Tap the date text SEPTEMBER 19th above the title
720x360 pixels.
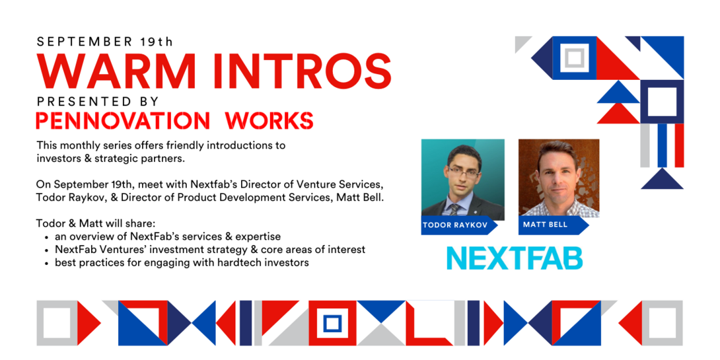point(105,42)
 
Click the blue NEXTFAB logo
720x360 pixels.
point(515,258)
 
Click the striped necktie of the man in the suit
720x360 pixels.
point(454,210)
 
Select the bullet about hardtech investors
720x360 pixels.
point(182,263)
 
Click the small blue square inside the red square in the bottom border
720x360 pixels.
point(332,323)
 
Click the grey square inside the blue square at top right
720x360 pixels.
point(575,58)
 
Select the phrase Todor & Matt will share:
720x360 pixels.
point(96,225)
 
